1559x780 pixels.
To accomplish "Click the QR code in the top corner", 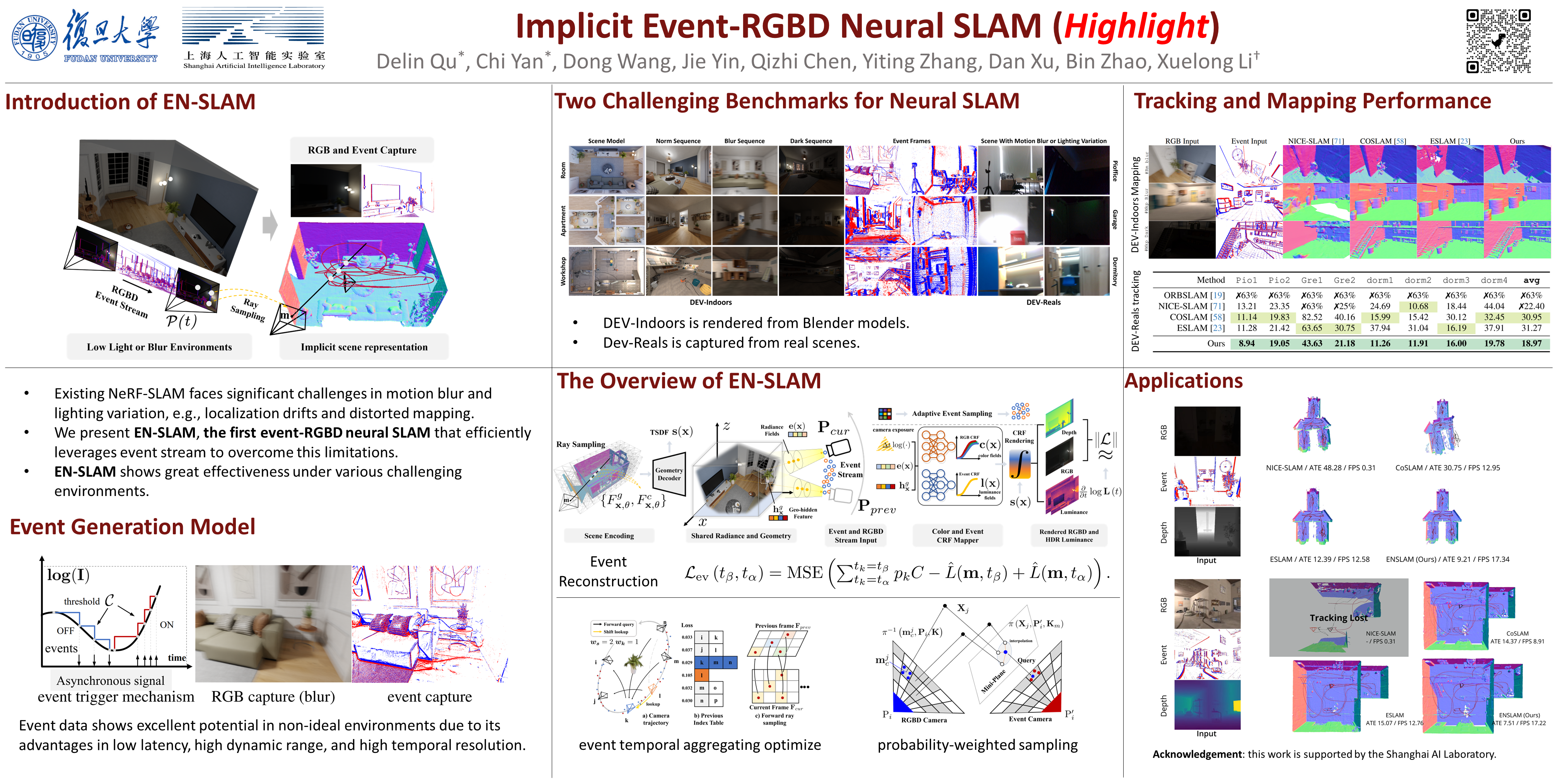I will (x=1498, y=41).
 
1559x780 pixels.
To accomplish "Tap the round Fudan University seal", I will (x=34, y=38).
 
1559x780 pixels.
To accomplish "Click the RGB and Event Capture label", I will (x=362, y=150).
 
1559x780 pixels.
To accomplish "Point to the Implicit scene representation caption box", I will (x=364, y=347).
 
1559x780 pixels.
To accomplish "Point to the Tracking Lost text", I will (x=1338, y=618).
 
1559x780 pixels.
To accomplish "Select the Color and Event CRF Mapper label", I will (x=957, y=535).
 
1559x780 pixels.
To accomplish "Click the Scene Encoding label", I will (x=609, y=535).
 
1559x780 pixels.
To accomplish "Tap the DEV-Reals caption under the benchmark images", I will (x=1043, y=302).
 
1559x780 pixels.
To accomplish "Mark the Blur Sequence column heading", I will (x=744, y=141).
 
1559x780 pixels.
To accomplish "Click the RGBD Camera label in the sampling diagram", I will (x=924, y=720).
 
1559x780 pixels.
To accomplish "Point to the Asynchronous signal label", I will (x=110, y=681).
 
